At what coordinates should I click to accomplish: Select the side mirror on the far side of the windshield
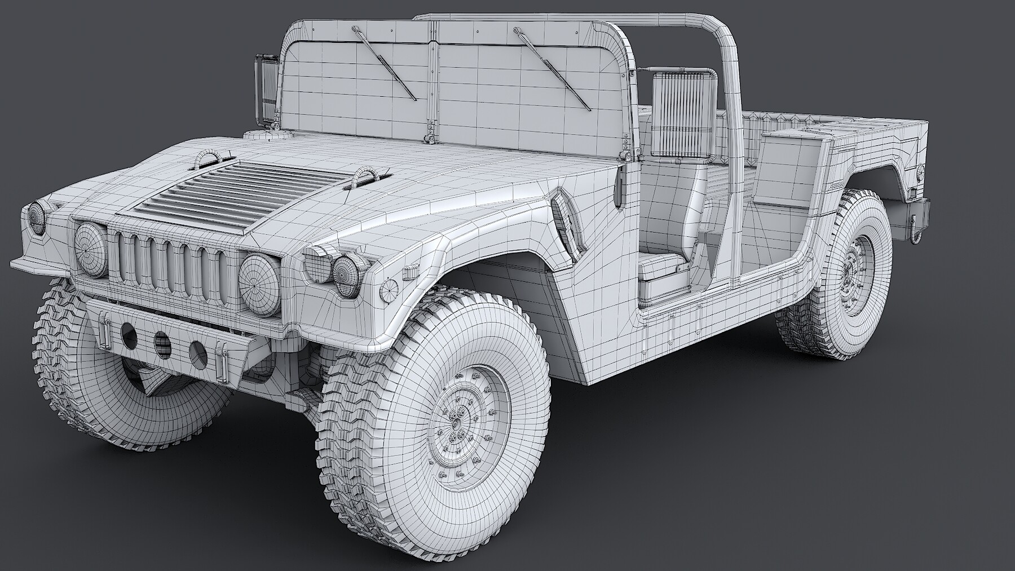click(x=266, y=87)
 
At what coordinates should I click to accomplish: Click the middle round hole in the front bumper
click(x=162, y=342)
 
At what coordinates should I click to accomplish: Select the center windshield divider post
click(x=433, y=79)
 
